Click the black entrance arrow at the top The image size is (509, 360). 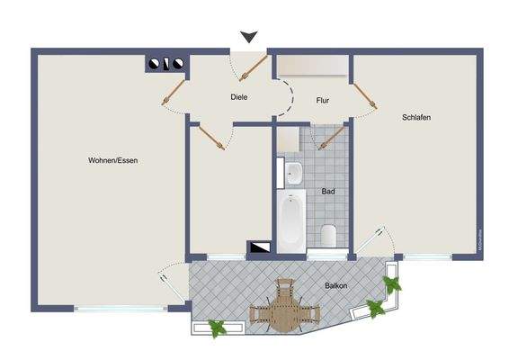(x=249, y=37)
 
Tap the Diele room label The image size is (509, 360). (x=238, y=97)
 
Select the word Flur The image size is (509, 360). (x=323, y=102)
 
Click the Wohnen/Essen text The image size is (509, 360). (x=112, y=160)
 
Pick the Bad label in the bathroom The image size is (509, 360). (x=328, y=192)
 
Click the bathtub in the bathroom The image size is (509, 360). (x=291, y=221)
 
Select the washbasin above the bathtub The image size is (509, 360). (x=293, y=173)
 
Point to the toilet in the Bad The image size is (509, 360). (x=328, y=236)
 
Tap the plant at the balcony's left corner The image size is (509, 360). (x=217, y=328)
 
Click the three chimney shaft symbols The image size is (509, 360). (x=166, y=64)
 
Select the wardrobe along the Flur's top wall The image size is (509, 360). (x=310, y=67)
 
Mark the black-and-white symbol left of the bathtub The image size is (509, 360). (x=261, y=245)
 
